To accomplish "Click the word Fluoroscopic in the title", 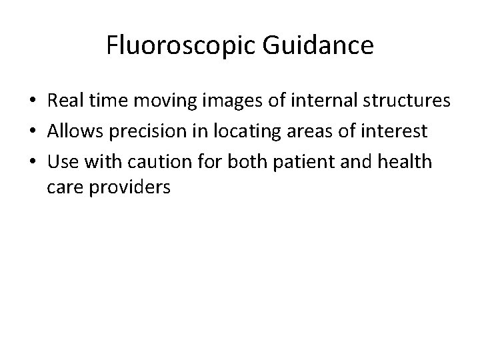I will click(173, 47).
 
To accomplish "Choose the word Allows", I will click(73, 131).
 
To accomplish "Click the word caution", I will click(163, 161).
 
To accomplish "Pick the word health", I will click(409, 161).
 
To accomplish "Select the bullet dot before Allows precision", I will click(32, 132).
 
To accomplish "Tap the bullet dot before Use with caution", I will click(32, 161).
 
